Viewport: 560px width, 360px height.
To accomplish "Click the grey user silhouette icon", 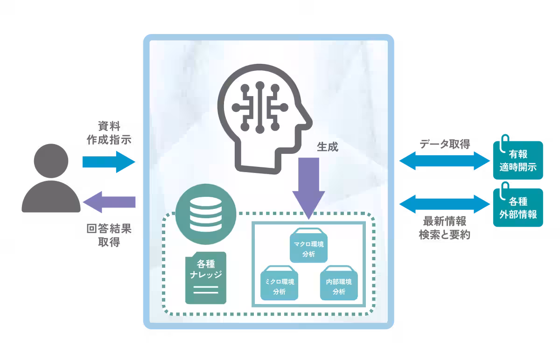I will click(x=51, y=180).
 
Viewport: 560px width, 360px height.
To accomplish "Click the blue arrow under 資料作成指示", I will click(x=108, y=162).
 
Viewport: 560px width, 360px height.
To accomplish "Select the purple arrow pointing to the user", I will click(x=108, y=202).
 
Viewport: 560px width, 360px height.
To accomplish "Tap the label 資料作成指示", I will click(x=108, y=132).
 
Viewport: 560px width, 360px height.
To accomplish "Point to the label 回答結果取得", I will click(x=108, y=235).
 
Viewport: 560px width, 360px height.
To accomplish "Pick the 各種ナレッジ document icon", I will click(x=205, y=278).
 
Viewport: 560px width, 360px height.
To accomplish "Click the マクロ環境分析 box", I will click(x=308, y=246).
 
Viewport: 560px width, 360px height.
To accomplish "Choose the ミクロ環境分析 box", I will click(x=279, y=283).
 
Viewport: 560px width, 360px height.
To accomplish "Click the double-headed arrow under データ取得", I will click(x=444, y=161).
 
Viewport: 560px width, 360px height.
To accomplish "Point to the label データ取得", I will click(x=444, y=144).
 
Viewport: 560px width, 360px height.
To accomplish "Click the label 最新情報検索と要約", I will click(x=444, y=228).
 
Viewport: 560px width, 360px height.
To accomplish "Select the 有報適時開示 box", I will click(x=518, y=160).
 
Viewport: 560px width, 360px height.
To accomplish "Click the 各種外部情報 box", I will click(x=518, y=208).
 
